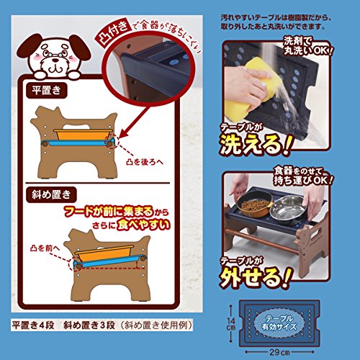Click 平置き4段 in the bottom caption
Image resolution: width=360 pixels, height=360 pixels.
(37, 323)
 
